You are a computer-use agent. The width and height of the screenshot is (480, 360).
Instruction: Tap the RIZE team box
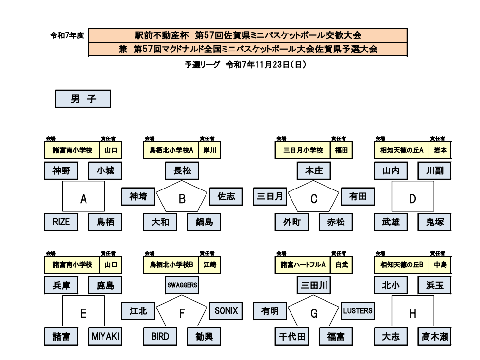coord(62,222)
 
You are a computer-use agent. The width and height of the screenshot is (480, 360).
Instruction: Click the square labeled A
coord(84,196)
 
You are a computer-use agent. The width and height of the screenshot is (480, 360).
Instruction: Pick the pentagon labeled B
coord(182,198)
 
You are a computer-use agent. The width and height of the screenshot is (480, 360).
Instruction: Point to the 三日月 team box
coord(270,196)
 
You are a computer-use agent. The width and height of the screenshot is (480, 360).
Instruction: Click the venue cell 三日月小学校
coord(303,150)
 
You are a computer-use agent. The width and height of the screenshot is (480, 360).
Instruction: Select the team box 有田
coord(358,196)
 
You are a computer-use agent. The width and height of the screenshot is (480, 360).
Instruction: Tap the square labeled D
coord(412,196)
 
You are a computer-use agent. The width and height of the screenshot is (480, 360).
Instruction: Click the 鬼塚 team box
coord(434,222)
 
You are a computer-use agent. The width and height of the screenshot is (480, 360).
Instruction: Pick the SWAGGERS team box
coord(182,285)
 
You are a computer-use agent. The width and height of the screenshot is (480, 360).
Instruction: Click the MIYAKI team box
coord(105,336)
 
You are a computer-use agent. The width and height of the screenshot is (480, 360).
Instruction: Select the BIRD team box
coord(160,336)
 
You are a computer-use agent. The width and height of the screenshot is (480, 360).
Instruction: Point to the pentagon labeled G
coord(314,313)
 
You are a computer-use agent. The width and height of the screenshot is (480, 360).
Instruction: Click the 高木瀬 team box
coord(434,336)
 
